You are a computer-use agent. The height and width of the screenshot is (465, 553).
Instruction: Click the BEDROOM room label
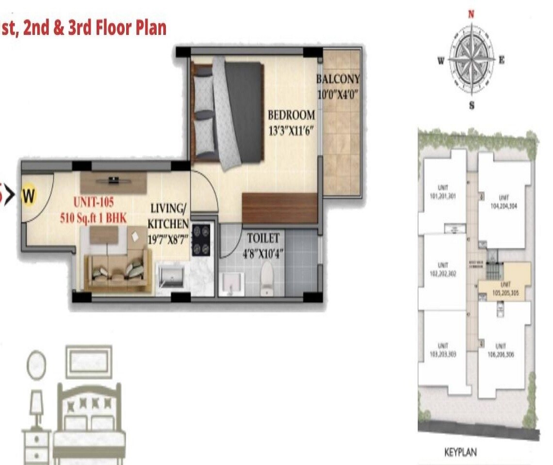[291, 115]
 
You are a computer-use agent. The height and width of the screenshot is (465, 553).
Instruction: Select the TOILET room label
[263, 238]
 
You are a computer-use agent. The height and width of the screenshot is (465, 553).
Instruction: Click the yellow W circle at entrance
[29, 196]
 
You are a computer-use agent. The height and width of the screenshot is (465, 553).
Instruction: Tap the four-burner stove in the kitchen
[202, 239]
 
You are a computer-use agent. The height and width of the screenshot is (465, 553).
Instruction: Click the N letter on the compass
[471, 14]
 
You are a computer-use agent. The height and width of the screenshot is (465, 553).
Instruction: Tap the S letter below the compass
[472, 105]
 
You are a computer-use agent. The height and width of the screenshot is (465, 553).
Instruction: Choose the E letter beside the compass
[502, 60]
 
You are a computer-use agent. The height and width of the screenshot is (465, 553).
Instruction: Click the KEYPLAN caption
[460, 452]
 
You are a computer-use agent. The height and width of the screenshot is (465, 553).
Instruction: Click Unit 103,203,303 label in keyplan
[442, 350]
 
